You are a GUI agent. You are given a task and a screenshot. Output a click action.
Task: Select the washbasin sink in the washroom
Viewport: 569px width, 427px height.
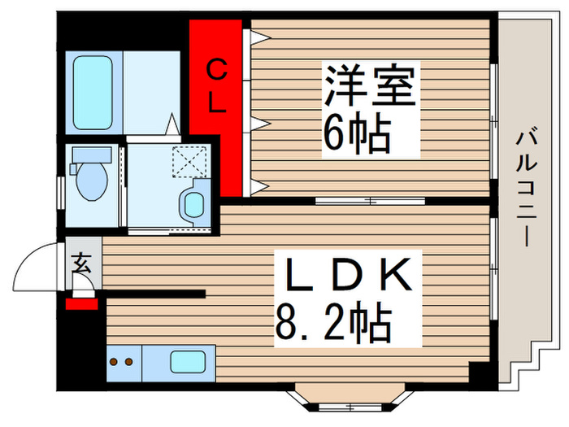tap(194, 203)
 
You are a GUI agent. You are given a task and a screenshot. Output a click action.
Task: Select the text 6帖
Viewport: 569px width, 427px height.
tap(356, 133)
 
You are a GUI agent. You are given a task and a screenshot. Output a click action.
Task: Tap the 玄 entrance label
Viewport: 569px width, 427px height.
tap(83, 262)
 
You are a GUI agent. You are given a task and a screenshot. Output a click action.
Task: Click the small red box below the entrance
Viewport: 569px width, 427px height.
tap(81, 304)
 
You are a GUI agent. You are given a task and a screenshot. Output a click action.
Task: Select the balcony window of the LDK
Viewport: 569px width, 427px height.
tap(494, 265)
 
